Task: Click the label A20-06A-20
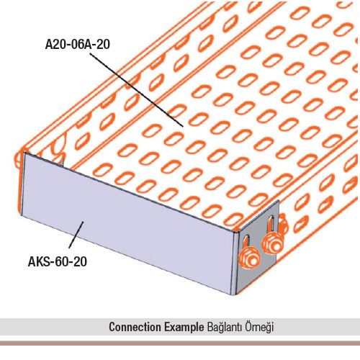pyautogui.click(x=78, y=45)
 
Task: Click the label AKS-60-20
pyautogui.click(x=58, y=261)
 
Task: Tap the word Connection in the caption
pyautogui.click(x=135, y=327)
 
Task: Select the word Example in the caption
pyautogui.click(x=184, y=328)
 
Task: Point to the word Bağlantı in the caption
pyautogui.click(x=224, y=328)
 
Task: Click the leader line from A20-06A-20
pyautogui.click(x=137, y=90)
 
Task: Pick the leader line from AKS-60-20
pyautogui.click(x=76, y=235)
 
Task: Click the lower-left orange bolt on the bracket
pyautogui.click(x=250, y=258)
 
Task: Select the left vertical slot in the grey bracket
pyautogui.click(x=247, y=243)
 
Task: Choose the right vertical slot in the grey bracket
pyautogui.click(x=271, y=225)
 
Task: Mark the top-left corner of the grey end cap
pyautogui.click(x=24, y=152)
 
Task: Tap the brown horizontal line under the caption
pyautogui.click(x=180, y=343)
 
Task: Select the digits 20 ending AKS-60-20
pyautogui.click(x=80, y=261)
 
